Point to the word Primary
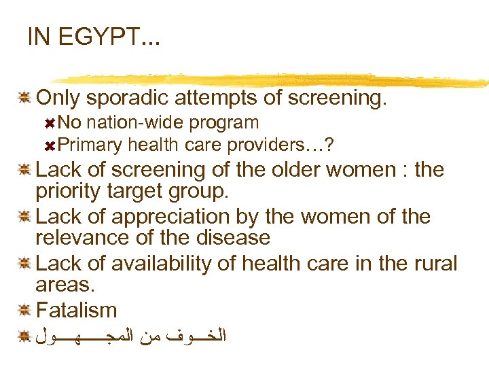[x=90, y=145]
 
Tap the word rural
[x=432, y=263]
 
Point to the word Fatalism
[x=77, y=311]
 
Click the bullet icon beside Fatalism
[x=23, y=311]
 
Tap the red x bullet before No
[x=49, y=123]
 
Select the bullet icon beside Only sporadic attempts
[x=23, y=99]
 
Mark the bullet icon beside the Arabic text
[x=23, y=336]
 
